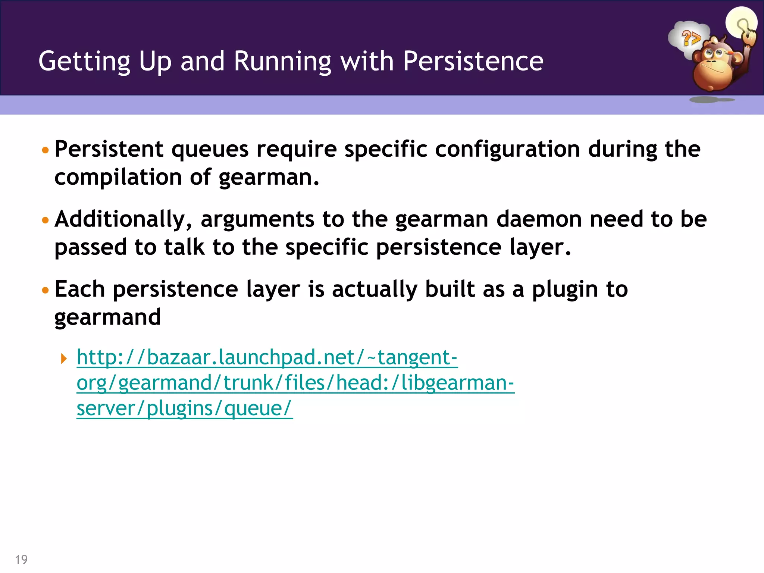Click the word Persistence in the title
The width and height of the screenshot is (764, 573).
[473, 61]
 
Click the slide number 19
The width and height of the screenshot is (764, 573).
[21, 559]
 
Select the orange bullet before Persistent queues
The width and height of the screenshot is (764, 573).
[46, 151]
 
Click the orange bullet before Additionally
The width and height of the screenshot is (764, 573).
[46, 220]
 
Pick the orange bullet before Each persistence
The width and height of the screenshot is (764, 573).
[46, 291]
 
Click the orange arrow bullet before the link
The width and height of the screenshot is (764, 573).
[64, 359]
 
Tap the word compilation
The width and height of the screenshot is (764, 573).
[118, 178]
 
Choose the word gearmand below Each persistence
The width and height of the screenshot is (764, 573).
[107, 317]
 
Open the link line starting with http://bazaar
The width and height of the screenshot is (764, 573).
[267, 357]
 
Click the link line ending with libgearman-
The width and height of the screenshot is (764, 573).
[295, 383]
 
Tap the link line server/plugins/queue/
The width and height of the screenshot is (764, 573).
[184, 408]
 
